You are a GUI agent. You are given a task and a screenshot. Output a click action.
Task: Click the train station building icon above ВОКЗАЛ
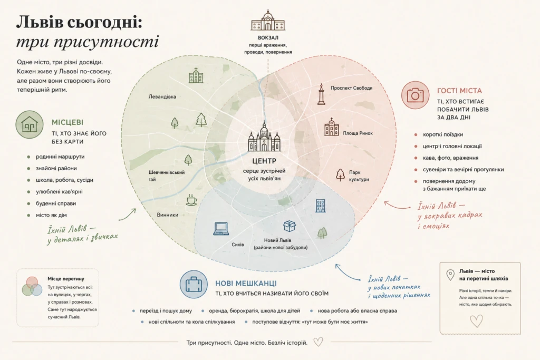click(268, 21)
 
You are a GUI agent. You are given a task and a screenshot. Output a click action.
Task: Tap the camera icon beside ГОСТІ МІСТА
click(416, 95)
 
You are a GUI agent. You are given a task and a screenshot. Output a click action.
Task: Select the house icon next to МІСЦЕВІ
click(30, 124)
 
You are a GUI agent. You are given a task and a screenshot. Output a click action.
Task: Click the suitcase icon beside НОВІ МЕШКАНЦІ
click(194, 284)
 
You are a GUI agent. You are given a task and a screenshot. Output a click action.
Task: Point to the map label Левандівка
click(162, 96)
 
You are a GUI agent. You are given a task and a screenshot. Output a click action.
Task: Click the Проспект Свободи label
click(352, 88)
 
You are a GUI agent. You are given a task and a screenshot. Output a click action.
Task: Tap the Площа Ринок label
click(358, 133)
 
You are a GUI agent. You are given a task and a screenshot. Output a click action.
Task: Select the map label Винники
click(168, 215)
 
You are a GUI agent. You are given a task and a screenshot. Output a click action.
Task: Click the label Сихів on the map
click(238, 245)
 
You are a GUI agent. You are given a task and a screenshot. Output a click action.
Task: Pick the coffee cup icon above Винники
click(191, 200)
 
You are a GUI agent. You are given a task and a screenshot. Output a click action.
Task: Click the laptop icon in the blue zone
click(221, 229)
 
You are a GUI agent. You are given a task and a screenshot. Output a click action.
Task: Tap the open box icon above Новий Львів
click(290, 226)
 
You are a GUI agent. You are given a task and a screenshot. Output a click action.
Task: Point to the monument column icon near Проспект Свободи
click(321, 94)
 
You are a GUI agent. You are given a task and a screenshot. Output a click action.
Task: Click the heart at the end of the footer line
click(318, 342)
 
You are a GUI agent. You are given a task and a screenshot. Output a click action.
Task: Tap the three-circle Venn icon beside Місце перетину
click(32, 286)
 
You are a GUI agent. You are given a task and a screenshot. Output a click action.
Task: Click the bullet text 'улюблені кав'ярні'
click(59, 192)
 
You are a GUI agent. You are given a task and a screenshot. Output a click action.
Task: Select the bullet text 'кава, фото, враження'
click(450, 158)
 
